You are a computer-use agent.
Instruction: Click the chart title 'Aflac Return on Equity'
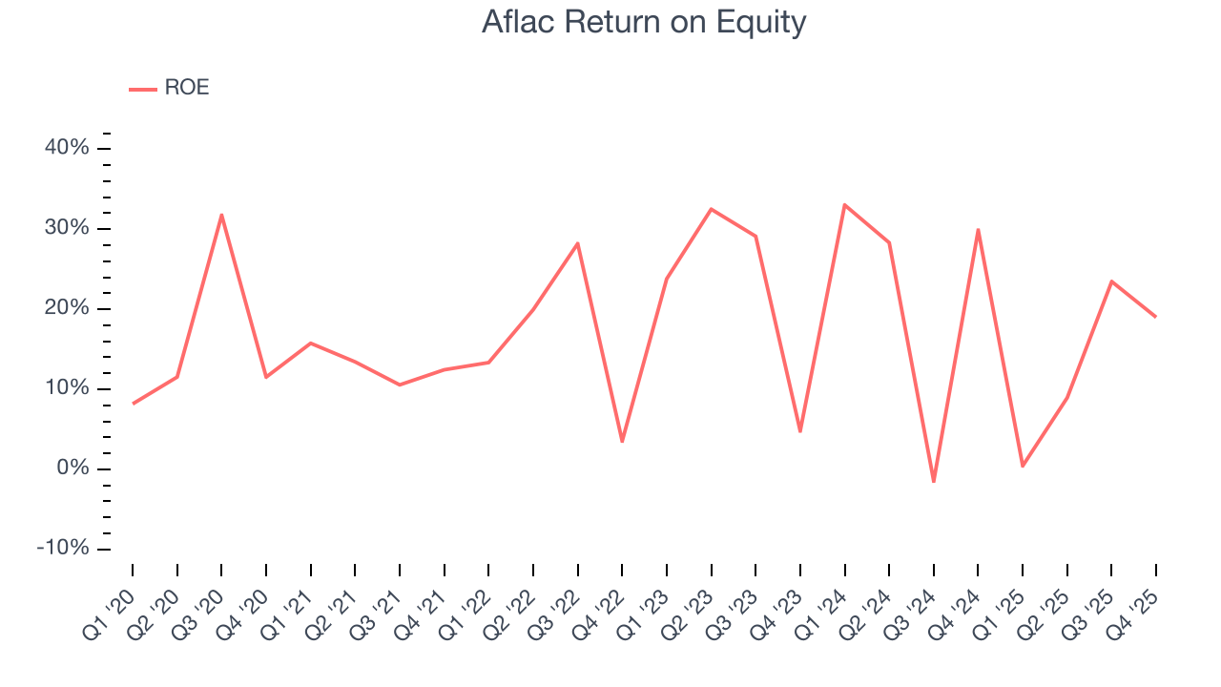[644, 22]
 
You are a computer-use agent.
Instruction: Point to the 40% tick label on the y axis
[67, 148]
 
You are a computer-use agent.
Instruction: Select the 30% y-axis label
[67, 228]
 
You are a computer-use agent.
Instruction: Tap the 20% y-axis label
[67, 308]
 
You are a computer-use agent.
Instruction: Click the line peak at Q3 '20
[221, 215]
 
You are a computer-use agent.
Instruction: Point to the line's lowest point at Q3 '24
[934, 482]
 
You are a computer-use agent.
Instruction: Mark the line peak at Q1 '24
[845, 204]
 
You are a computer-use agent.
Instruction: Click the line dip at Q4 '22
[622, 442]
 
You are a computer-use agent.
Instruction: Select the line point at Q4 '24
[979, 229]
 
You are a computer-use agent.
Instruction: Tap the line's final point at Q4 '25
[1156, 317]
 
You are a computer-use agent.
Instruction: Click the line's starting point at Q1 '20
[133, 404]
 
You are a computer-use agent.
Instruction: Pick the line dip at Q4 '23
[800, 432]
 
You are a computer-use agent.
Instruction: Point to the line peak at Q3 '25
[1111, 281]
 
